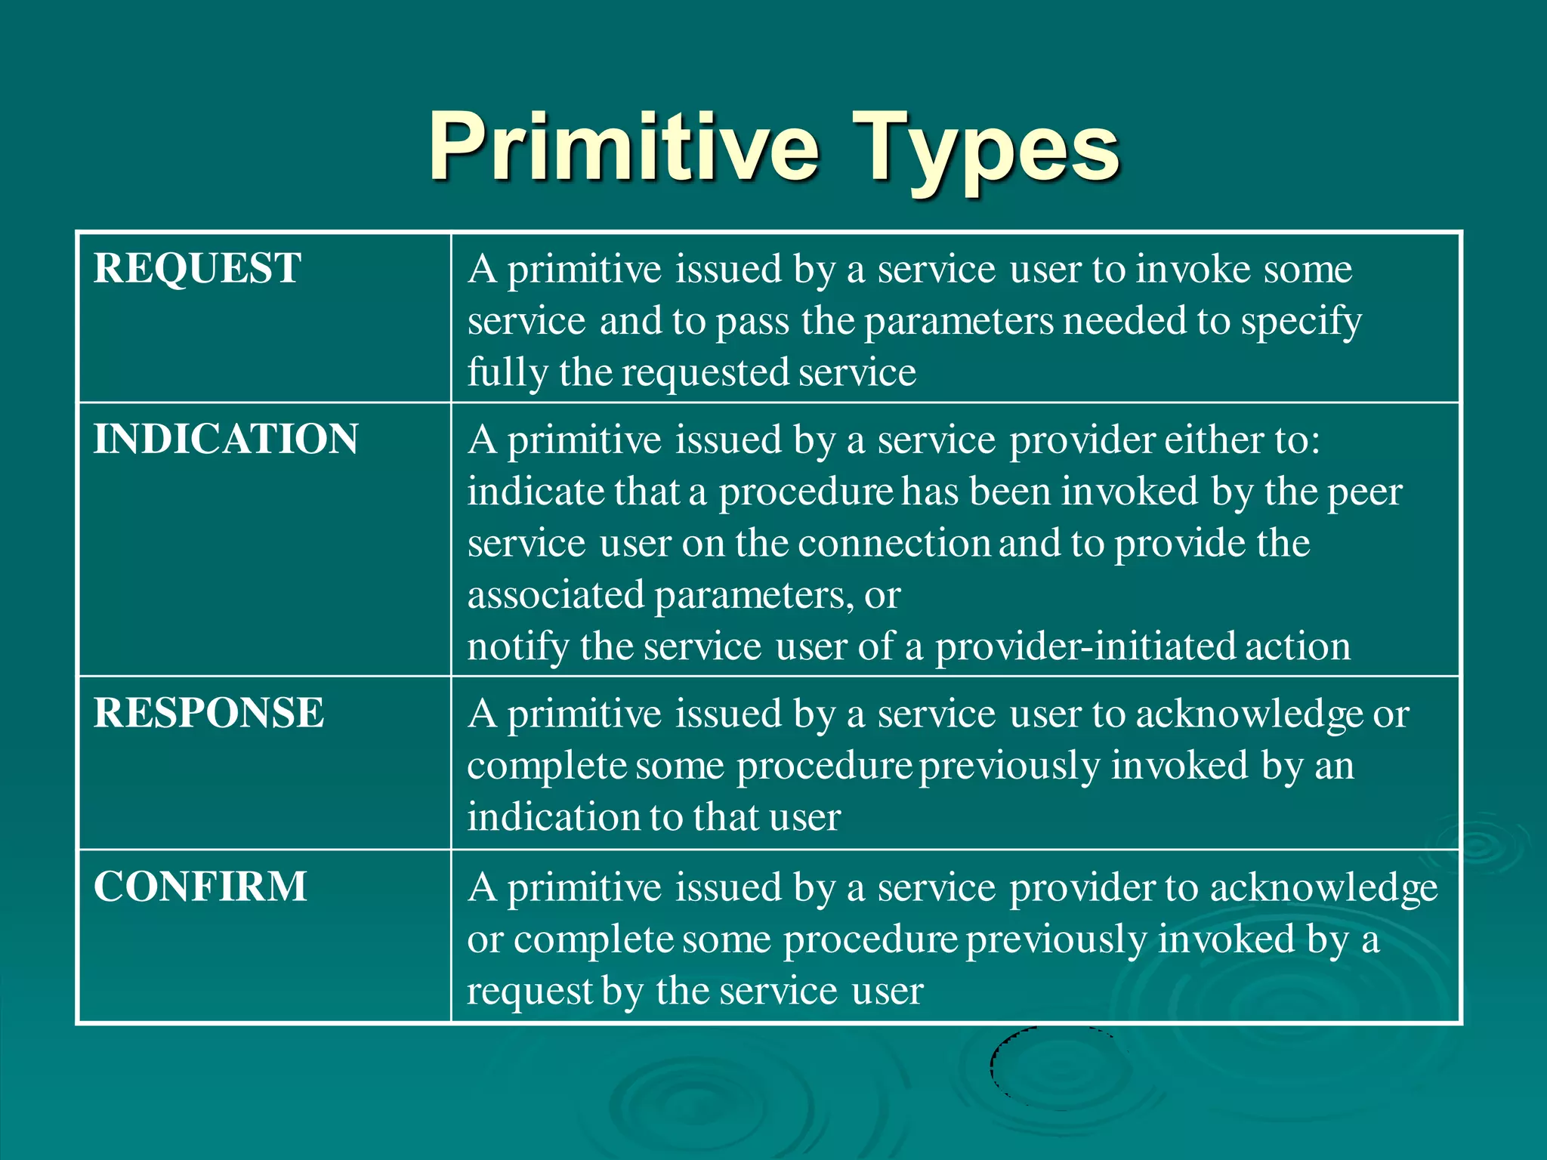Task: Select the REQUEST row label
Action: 197,268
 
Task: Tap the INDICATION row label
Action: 226,439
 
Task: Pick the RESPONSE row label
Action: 208,713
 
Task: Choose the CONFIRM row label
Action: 200,887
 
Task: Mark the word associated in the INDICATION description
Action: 555,595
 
